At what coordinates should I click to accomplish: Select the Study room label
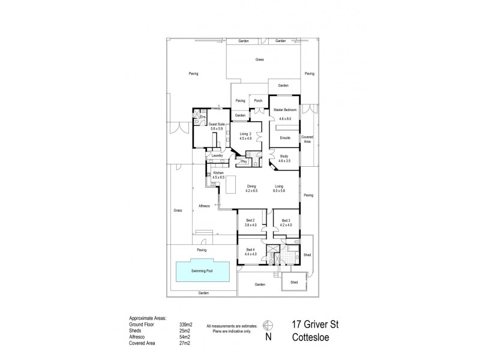pos(284,156)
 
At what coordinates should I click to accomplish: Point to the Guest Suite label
pos(216,124)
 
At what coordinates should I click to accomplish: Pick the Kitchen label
pos(217,173)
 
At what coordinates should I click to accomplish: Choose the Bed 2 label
pos(251,220)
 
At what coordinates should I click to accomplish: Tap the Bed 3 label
pos(286,220)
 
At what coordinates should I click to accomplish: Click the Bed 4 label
pos(251,250)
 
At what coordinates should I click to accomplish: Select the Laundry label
pos(217,156)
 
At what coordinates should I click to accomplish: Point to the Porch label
pos(259,101)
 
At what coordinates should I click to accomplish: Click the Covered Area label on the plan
pos(308,138)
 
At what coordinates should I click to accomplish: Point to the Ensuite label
pos(285,138)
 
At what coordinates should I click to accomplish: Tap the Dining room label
pos(251,187)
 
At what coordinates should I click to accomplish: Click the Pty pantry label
pos(244,161)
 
